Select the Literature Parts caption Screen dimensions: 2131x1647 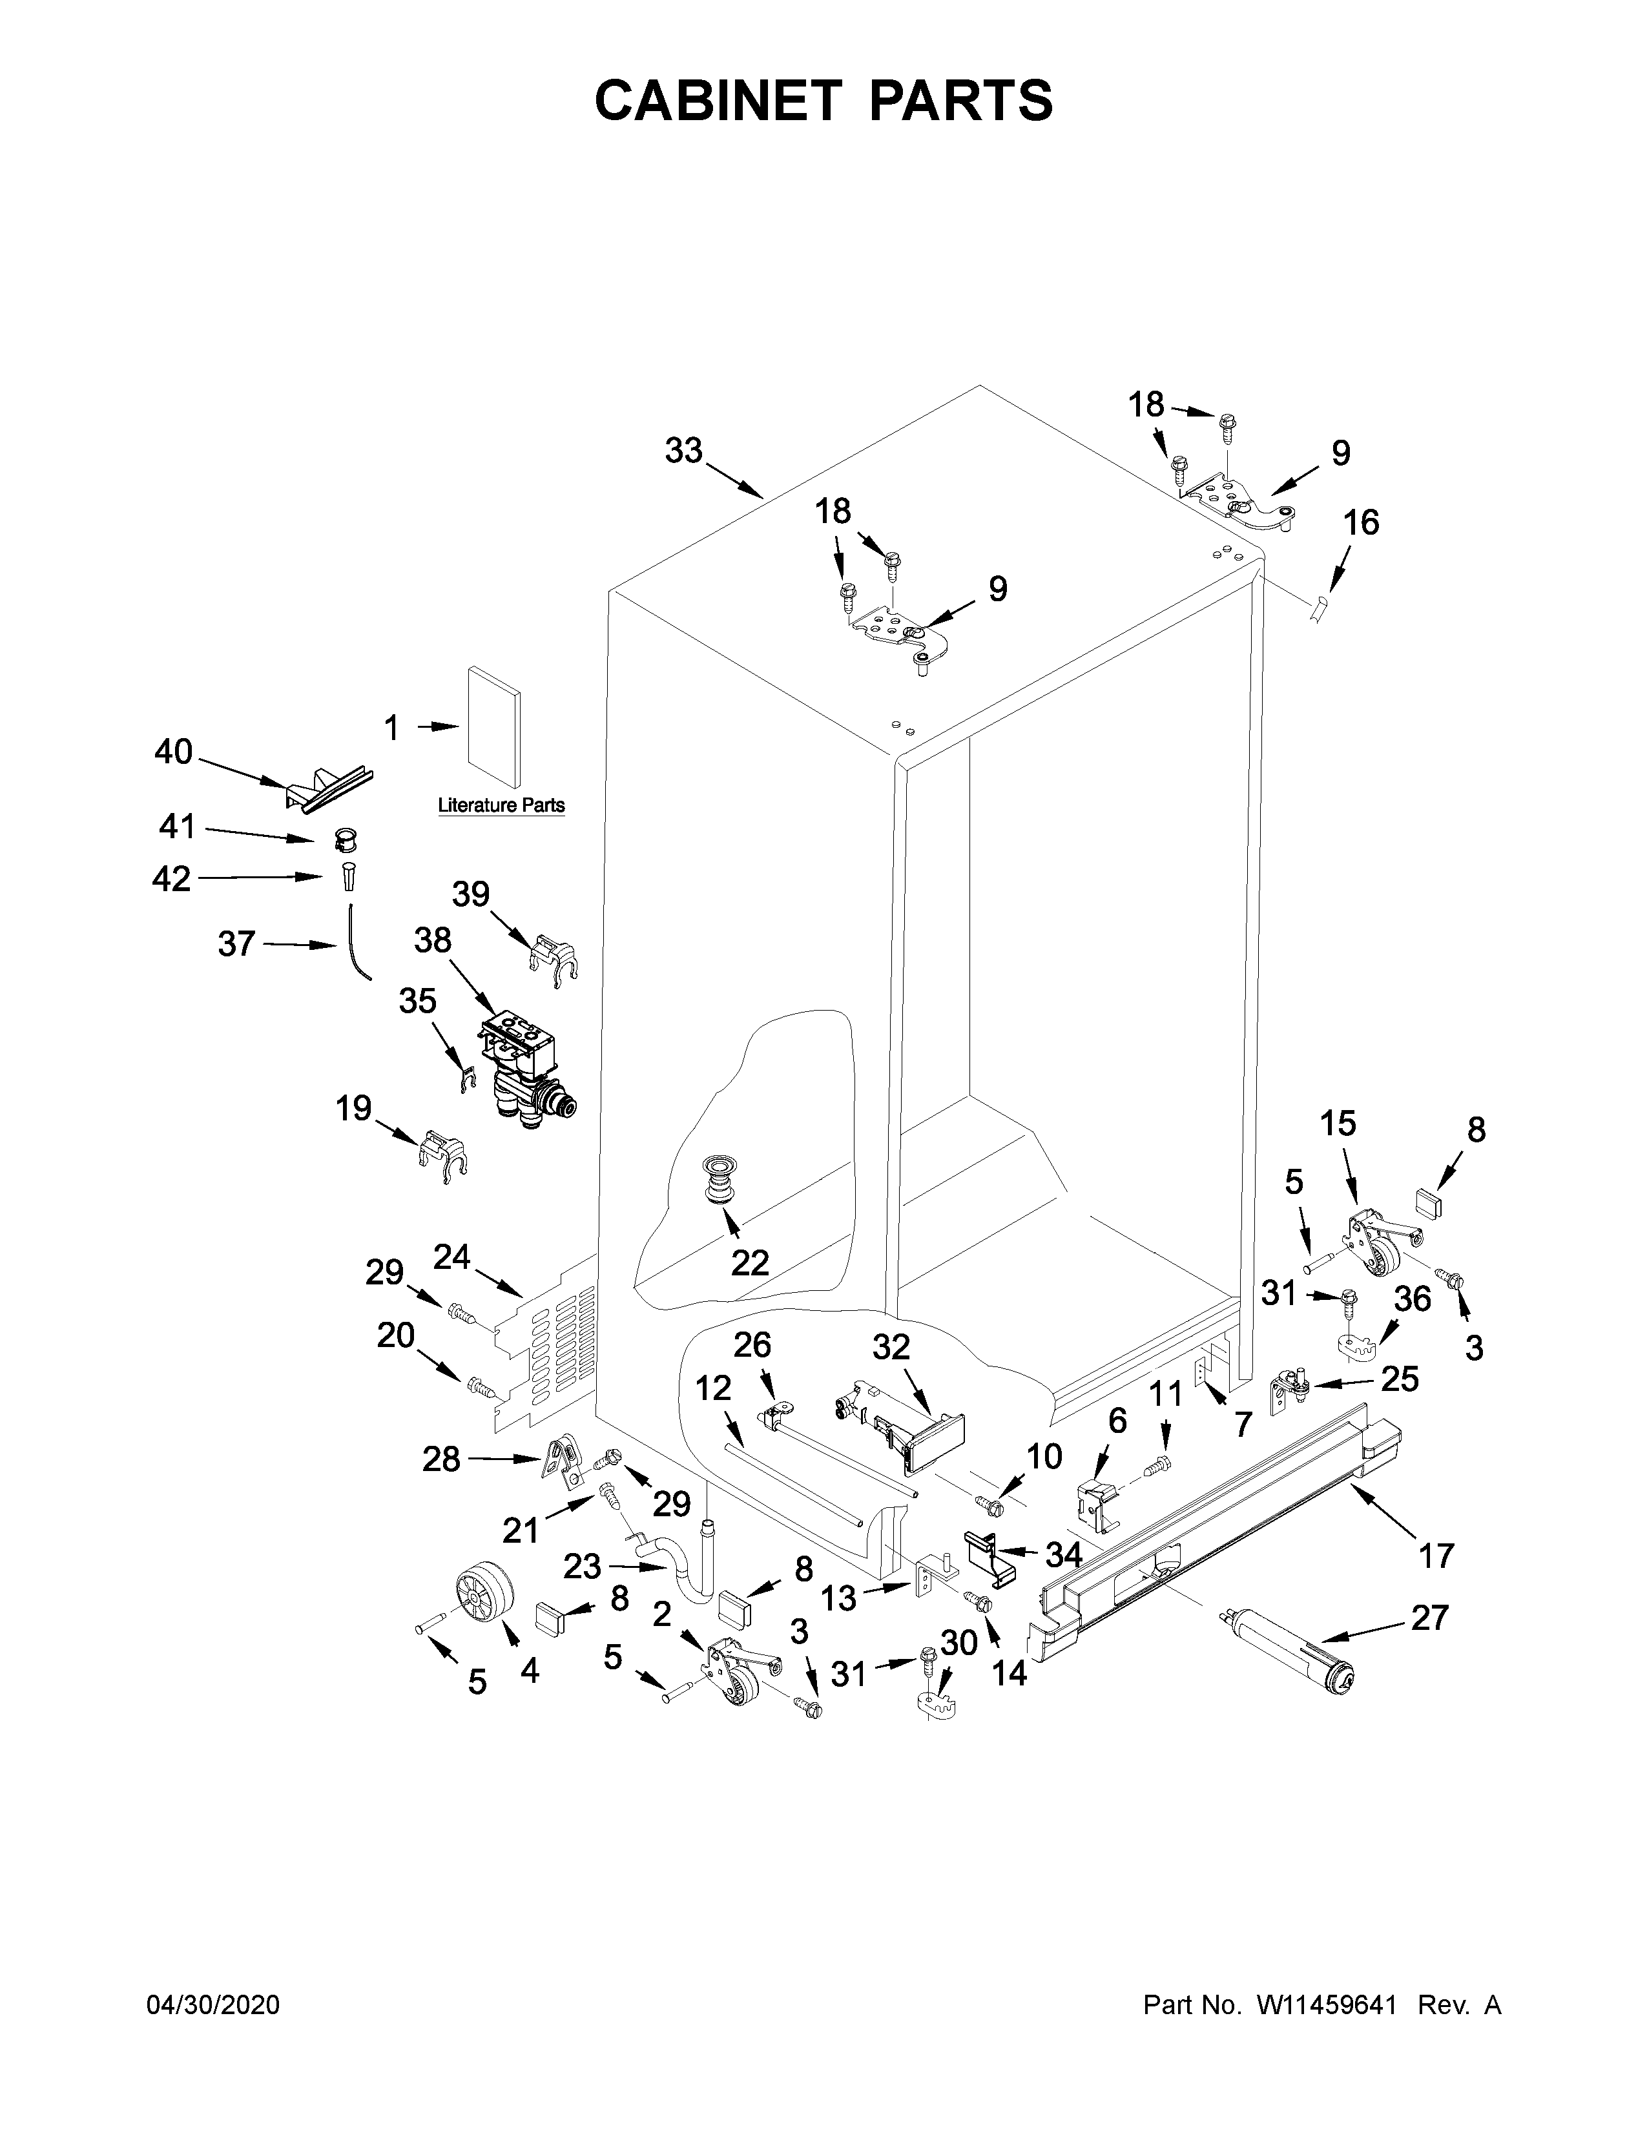[501, 806]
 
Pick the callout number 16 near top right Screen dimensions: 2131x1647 [1361, 523]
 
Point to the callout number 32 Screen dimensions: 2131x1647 [890, 1348]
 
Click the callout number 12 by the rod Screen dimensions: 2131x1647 [713, 1388]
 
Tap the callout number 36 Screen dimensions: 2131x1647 [1412, 1299]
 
